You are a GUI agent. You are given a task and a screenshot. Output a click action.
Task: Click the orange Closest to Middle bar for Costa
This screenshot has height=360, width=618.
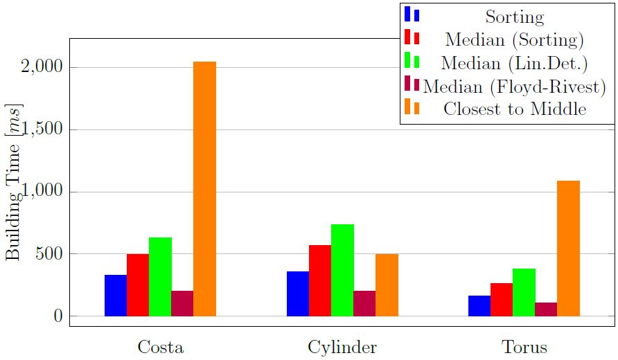[204, 188]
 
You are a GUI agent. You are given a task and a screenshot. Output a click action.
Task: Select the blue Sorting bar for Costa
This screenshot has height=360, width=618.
[116, 295]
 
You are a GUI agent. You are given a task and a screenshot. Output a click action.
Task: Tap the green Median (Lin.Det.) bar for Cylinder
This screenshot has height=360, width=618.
[342, 270]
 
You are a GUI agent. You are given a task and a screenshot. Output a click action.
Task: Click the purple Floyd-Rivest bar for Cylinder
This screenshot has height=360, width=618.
[364, 303]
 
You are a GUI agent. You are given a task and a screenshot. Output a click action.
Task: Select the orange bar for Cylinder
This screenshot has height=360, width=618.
[387, 285]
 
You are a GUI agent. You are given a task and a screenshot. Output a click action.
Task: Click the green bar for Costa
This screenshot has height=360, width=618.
[160, 276]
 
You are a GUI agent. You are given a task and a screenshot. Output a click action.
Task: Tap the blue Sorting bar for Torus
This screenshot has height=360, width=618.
[479, 305]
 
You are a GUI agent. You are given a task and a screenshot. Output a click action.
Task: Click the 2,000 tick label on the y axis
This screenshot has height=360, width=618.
[42, 68]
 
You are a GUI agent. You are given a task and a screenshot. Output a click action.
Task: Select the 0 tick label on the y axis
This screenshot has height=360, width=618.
[58, 316]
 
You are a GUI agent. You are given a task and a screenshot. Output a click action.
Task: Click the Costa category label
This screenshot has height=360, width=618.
[160, 347]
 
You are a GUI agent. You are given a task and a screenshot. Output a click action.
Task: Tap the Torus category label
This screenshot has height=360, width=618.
[524, 347]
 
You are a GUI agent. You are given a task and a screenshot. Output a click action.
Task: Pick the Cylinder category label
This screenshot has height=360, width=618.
[342, 347]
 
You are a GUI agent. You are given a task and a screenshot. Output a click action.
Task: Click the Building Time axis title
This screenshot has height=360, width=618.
[13, 181]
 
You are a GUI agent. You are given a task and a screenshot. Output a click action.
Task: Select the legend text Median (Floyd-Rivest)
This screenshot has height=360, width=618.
[515, 87]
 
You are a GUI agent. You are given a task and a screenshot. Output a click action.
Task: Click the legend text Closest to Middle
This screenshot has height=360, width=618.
[515, 109]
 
